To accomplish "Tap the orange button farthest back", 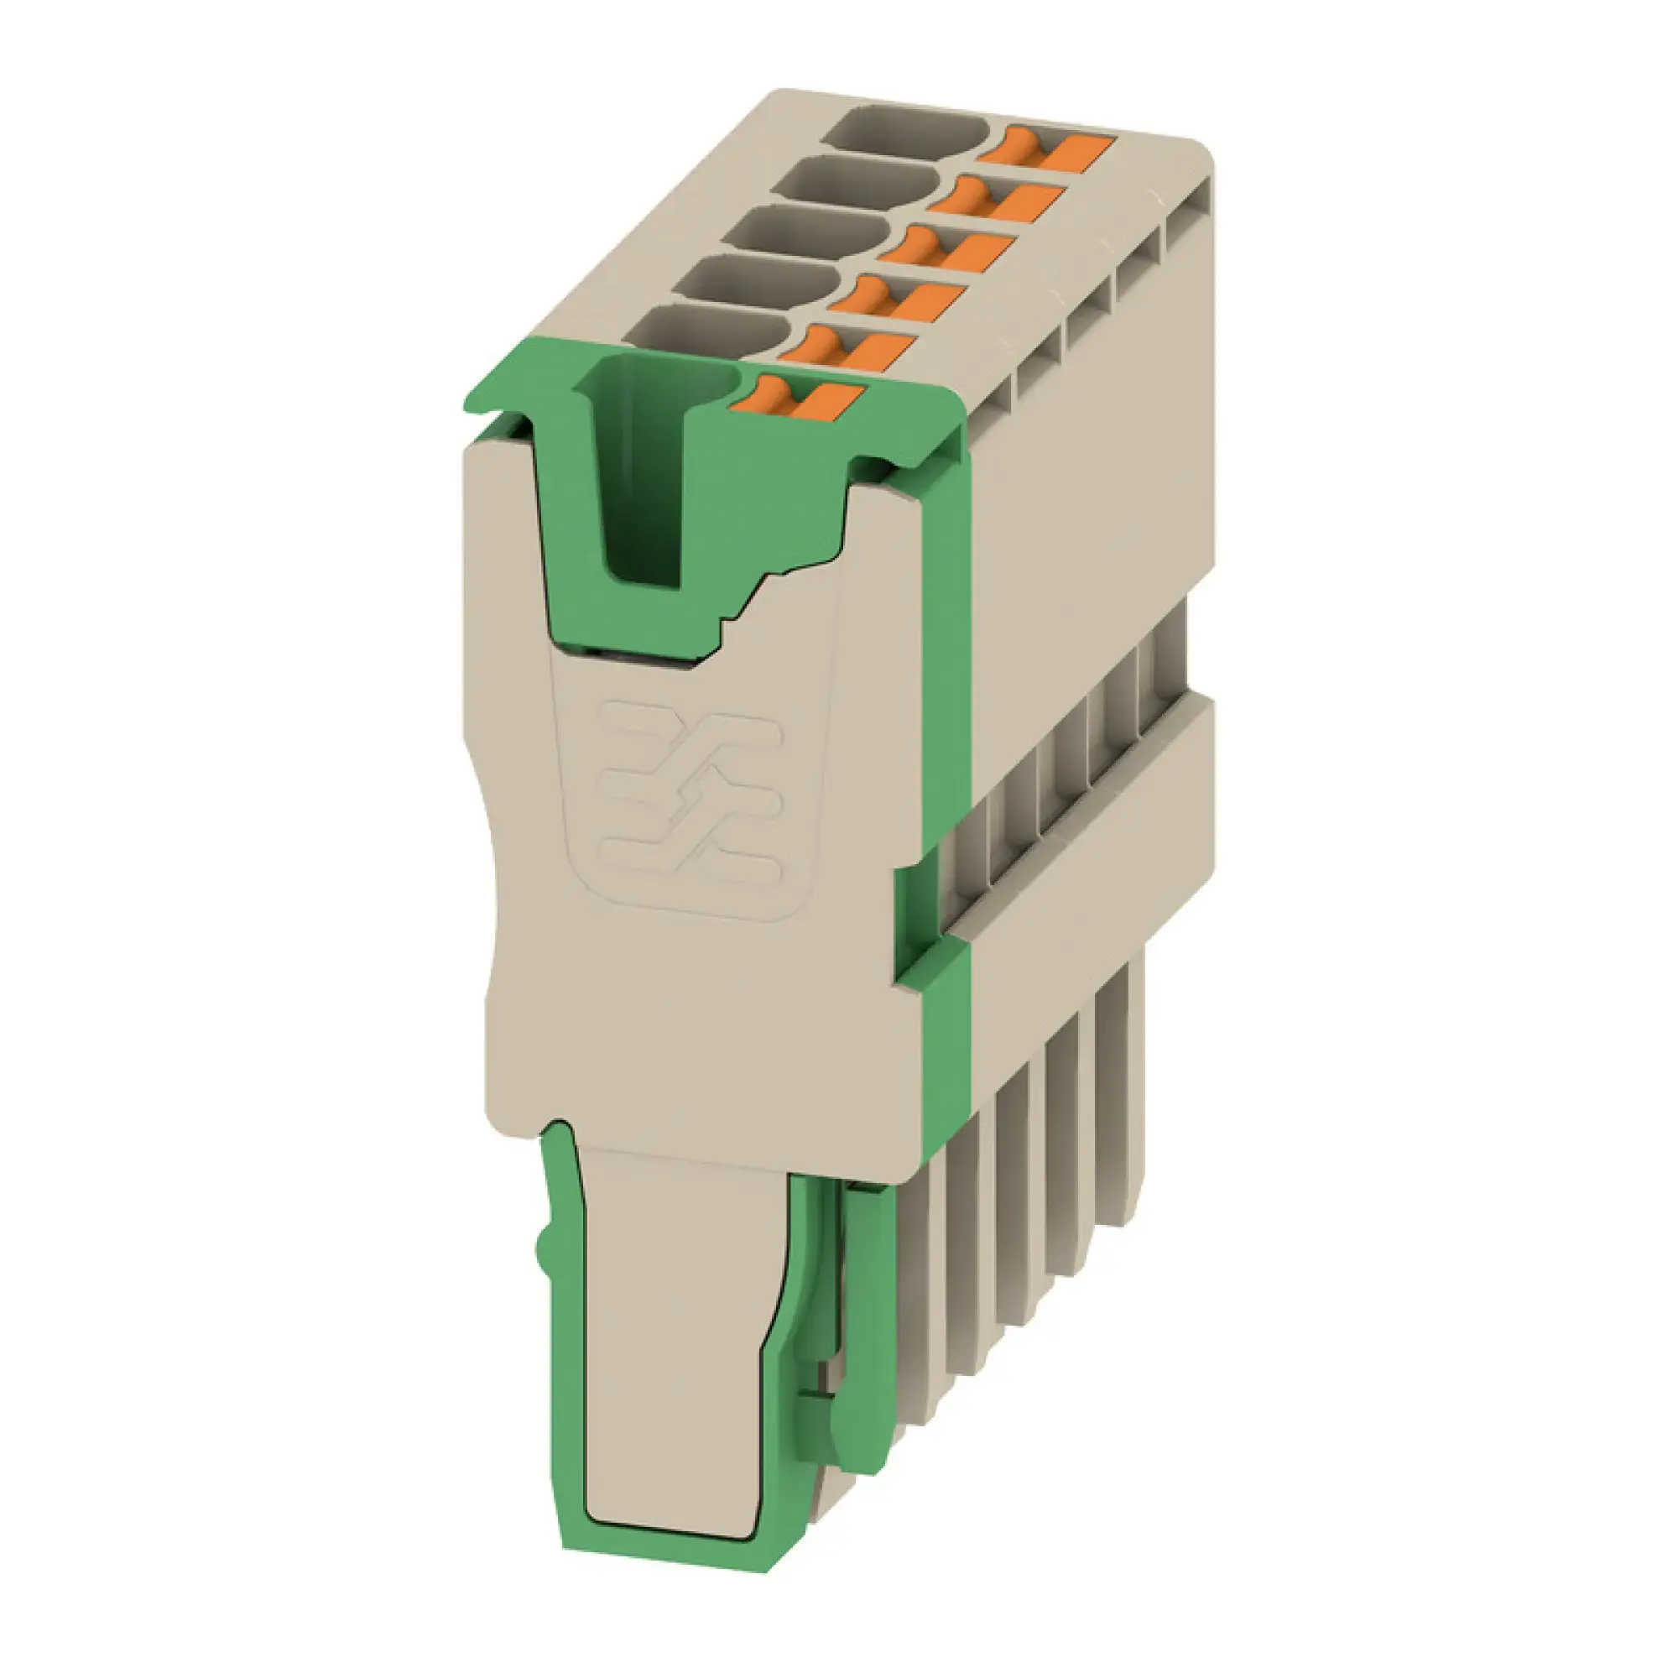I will (1045, 147).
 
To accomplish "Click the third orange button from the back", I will (946, 247).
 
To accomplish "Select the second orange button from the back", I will (996, 197).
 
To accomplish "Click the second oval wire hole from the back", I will (857, 183).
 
